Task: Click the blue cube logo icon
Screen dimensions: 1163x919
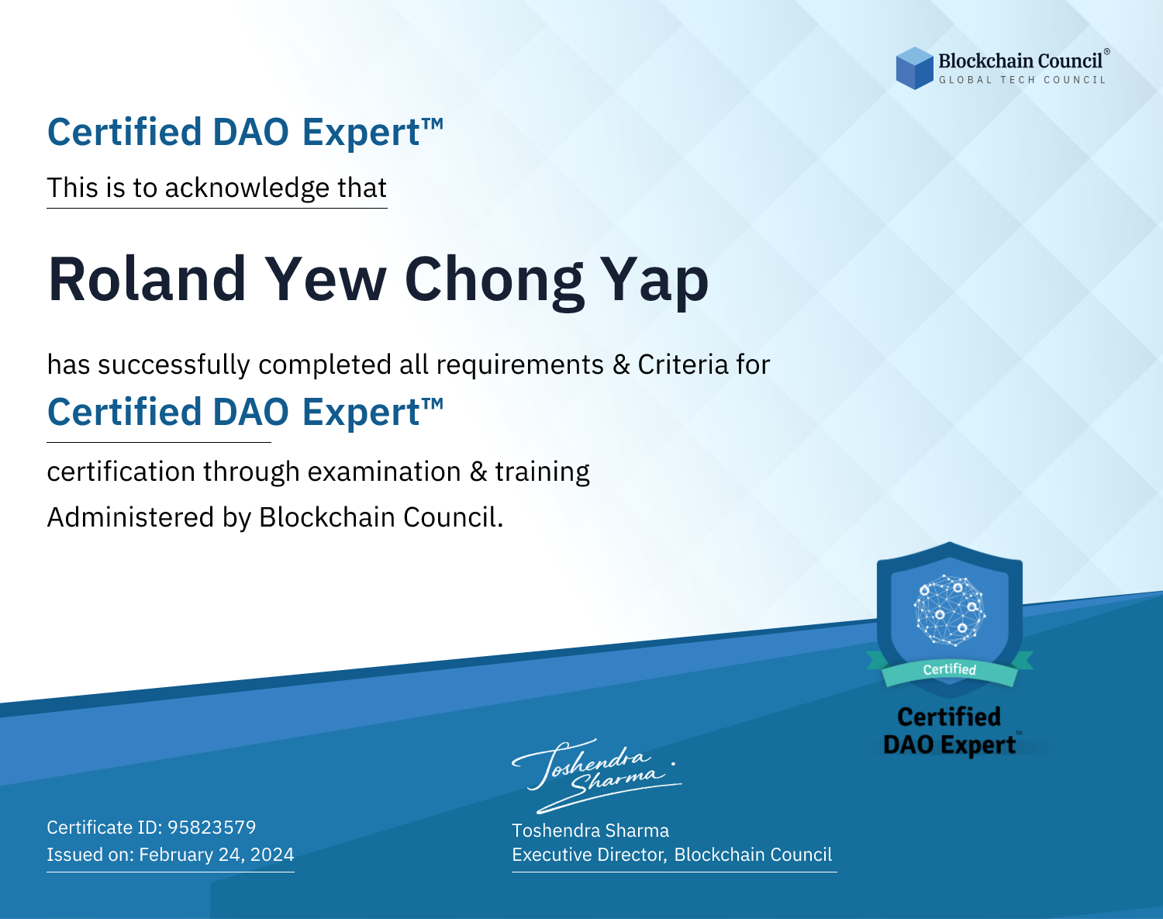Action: click(x=914, y=68)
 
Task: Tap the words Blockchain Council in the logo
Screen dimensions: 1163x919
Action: click(x=1020, y=61)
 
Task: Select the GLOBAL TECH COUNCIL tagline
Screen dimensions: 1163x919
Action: click(x=1023, y=80)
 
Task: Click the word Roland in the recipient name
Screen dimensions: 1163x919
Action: click(x=147, y=279)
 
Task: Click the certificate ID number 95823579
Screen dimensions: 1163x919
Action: click(x=212, y=827)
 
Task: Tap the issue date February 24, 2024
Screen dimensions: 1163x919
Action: click(x=216, y=855)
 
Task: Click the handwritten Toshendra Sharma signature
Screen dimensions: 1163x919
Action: click(x=596, y=776)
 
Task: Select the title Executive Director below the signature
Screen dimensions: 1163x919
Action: click(x=588, y=855)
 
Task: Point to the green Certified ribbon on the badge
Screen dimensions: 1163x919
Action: click(x=950, y=671)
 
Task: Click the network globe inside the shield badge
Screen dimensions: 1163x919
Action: click(x=950, y=610)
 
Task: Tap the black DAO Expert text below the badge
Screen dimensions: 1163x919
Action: click(x=950, y=745)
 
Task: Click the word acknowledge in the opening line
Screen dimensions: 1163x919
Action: click(x=247, y=188)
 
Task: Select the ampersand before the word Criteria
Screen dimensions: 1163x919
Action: click(x=621, y=365)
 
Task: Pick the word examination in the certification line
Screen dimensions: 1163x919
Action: click(x=384, y=472)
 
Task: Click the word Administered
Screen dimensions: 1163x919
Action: click(x=130, y=517)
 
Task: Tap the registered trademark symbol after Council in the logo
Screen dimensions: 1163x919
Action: click(x=1106, y=52)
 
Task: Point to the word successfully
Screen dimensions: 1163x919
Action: click(x=174, y=365)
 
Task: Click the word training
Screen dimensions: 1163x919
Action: click(x=542, y=472)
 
